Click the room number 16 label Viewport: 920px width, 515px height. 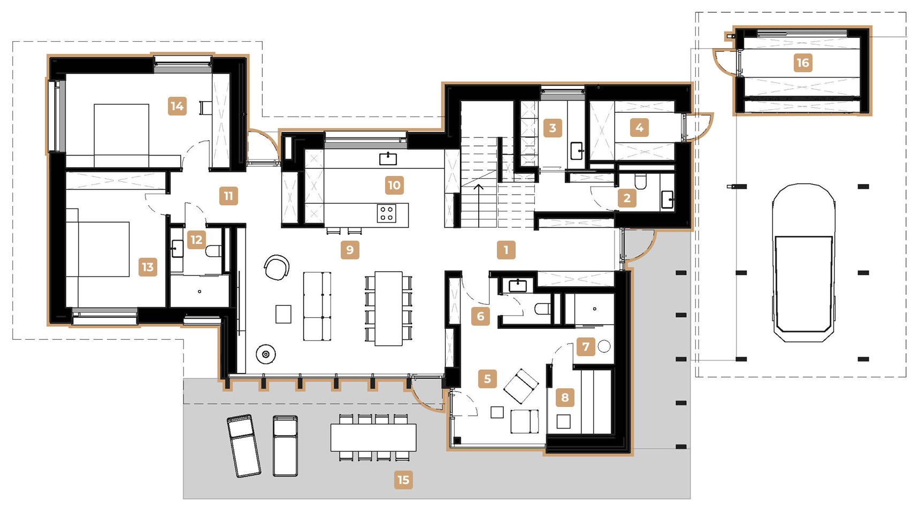803,63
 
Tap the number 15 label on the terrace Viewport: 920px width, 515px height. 403,480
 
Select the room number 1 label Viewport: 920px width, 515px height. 506,250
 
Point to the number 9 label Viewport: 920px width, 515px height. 350,250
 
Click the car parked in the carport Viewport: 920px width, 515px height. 803,263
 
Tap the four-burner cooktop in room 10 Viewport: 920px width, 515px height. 387,213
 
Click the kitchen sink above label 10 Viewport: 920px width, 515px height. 388,158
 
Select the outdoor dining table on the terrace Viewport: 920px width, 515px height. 373,437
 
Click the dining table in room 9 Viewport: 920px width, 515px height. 388,309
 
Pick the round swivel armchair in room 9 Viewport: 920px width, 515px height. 277,267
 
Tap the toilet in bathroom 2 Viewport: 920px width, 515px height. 640,181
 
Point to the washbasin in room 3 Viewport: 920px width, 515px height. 577,151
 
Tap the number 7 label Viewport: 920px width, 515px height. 586,347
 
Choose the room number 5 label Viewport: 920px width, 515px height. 487,379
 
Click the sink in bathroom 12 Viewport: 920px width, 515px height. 177,249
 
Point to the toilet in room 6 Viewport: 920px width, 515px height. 542,309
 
